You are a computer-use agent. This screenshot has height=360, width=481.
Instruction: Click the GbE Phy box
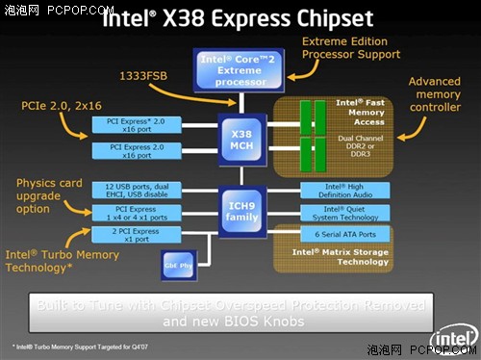(x=179, y=262)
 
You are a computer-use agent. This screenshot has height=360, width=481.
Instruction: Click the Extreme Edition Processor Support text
(x=350, y=48)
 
